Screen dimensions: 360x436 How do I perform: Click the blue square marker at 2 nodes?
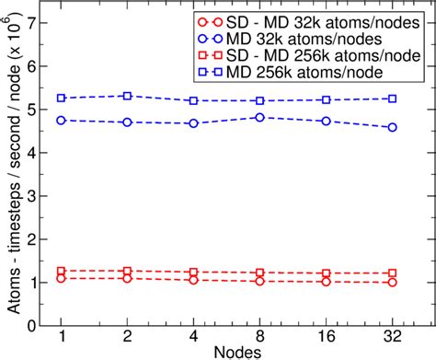click(x=127, y=96)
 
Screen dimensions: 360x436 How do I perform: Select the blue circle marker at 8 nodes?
click(x=260, y=117)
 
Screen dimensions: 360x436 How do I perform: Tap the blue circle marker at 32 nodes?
click(x=393, y=127)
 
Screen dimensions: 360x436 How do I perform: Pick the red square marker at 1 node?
click(x=62, y=272)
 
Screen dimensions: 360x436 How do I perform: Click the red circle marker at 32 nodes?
click(x=393, y=283)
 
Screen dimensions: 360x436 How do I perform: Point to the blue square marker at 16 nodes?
click(x=327, y=99)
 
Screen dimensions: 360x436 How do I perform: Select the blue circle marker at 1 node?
click(x=62, y=120)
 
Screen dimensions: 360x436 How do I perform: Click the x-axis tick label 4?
click(x=194, y=334)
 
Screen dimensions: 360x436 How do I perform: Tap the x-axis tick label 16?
click(x=327, y=334)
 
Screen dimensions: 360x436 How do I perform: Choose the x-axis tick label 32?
click(x=393, y=334)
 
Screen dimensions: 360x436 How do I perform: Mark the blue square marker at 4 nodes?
click(x=194, y=100)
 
